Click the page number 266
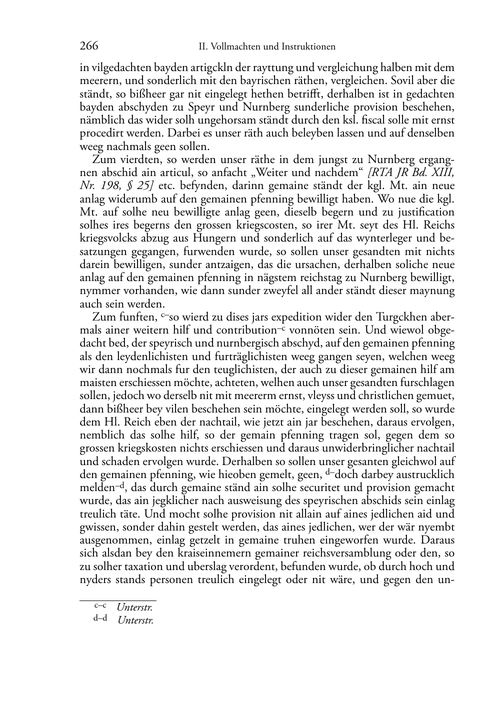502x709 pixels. [89, 46]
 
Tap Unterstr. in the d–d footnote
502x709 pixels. [135, 620]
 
